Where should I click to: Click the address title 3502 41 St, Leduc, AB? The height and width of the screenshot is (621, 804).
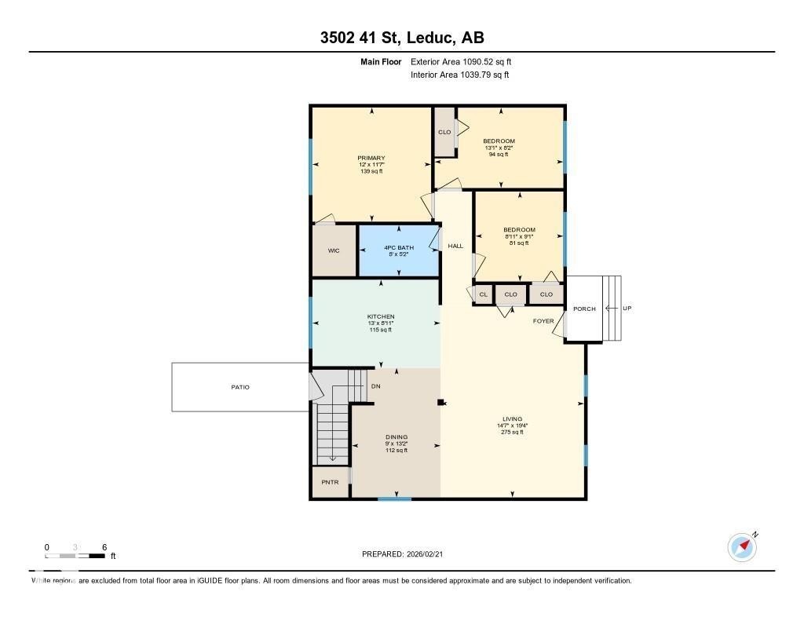point(401,37)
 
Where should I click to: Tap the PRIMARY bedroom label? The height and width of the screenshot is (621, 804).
point(371,158)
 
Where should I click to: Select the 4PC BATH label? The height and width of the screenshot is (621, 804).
point(399,247)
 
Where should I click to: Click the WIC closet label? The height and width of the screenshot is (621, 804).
point(334,250)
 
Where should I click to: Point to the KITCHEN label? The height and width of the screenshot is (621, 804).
point(381,316)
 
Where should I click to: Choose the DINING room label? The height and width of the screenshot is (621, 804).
point(397,437)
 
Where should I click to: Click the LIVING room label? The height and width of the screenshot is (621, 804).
point(512,419)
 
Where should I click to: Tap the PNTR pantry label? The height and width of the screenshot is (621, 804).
point(330,482)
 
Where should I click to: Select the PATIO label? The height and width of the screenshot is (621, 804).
point(239,387)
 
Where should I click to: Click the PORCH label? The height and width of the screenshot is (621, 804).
point(584,309)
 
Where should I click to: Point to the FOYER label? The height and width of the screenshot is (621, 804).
point(543,321)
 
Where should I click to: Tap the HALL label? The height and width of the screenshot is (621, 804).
point(455,246)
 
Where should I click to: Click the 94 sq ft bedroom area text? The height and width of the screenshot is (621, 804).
point(499,155)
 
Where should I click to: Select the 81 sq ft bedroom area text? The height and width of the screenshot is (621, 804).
point(519,243)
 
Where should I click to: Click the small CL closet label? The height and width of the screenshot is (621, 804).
point(483,294)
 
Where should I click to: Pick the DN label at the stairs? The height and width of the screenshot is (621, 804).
point(375,386)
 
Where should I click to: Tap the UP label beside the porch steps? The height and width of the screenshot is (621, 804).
point(627,309)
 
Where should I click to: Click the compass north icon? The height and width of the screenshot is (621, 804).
point(742,547)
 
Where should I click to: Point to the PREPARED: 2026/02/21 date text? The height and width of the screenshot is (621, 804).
point(407,554)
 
